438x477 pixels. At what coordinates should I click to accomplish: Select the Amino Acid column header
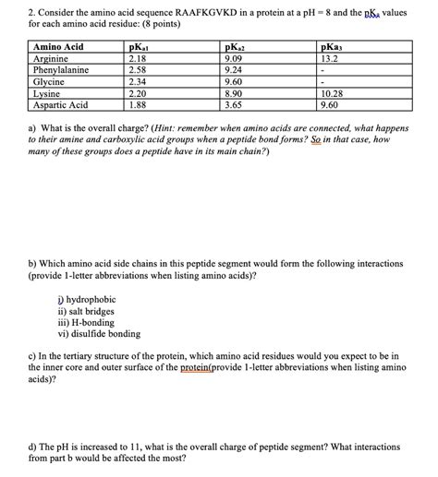pos(59,46)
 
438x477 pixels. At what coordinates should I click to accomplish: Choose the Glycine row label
pos(50,81)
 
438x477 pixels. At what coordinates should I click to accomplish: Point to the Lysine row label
pos(48,93)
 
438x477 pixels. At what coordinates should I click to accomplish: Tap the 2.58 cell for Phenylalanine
pos(139,69)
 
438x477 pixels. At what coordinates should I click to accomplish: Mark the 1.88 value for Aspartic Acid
pos(139,105)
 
